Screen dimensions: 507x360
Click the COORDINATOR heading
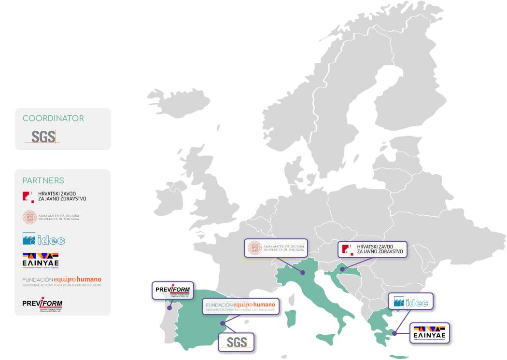tap(53, 118)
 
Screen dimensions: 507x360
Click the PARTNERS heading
tap(43, 180)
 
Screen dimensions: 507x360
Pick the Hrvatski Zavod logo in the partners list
tap(54, 196)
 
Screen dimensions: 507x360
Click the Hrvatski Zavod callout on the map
tap(372, 249)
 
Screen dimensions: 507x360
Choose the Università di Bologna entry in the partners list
tap(51, 217)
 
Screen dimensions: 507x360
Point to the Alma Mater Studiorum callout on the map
tap(276, 248)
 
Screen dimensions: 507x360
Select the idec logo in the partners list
tap(43, 239)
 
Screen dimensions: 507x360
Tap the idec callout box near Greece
tap(410, 302)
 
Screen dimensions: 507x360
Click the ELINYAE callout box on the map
tap(430, 333)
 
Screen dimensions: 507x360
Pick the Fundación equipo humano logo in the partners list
tap(62, 281)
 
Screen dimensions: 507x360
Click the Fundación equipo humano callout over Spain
tap(240, 306)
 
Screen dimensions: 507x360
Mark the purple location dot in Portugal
tap(169, 307)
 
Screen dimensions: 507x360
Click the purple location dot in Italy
tap(303, 273)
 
